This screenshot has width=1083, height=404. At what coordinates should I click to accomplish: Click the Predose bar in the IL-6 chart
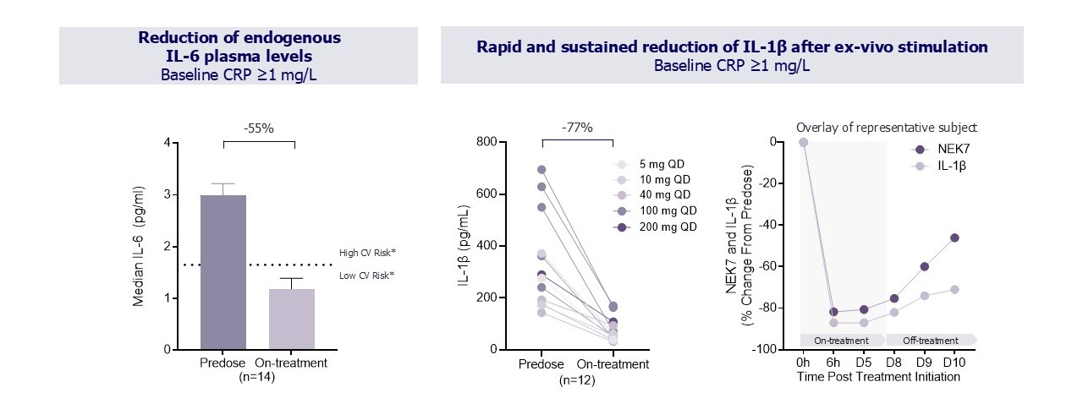[223, 272]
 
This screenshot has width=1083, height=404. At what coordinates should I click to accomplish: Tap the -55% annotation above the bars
[258, 129]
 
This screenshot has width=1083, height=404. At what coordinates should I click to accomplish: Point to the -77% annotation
[576, 128]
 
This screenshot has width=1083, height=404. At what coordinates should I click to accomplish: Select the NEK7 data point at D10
[954, 237]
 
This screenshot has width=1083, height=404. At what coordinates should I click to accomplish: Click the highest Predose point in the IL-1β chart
[541, 170]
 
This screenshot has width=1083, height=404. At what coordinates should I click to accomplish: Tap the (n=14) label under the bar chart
[258, 379]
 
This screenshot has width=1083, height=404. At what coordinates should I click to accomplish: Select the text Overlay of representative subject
[886, 128]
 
